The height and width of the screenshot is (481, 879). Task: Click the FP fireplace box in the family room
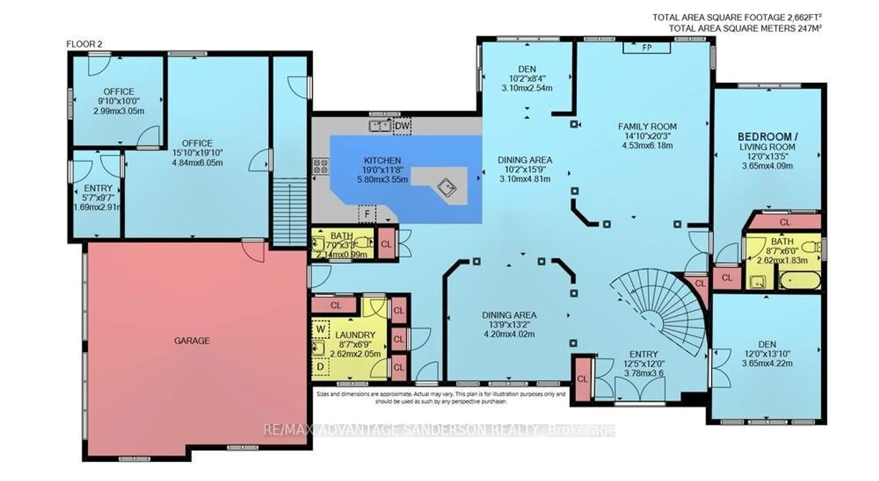pos(647,48)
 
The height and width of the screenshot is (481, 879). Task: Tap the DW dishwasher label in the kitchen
pos(402,126)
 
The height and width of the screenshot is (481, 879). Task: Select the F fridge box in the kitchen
pos(367,214)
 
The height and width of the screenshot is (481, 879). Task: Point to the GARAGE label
pos(192,341)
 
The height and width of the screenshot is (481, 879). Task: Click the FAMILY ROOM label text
pos(647,126)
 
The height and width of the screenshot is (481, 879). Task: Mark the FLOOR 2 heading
pos(84,44)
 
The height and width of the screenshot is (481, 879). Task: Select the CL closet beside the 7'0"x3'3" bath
pos(386,244)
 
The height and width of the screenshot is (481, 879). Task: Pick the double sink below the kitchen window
pos(380,126)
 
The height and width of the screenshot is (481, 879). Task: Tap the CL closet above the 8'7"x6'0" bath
pos(785,222)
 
